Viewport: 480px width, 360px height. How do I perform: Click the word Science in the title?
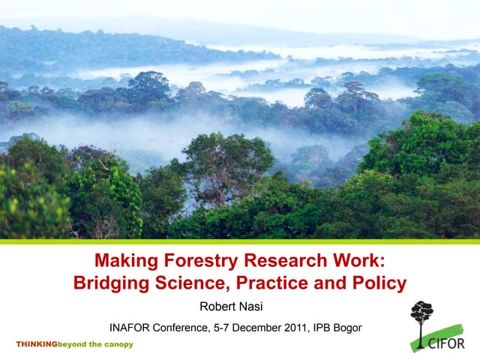(x=190, y=283)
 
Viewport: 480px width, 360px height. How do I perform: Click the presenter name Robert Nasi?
(x=231, y=306)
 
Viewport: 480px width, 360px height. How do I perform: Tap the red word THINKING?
(x=37, y=344)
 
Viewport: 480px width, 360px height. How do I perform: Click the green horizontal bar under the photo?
(x=240, y=241)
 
